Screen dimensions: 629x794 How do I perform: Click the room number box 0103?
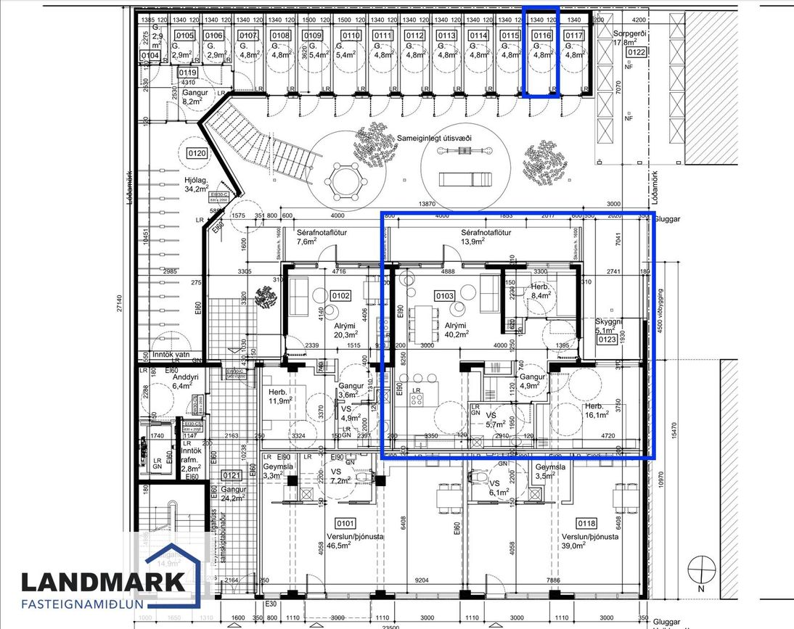point(444,296)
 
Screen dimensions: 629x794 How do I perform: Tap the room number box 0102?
point(340,296)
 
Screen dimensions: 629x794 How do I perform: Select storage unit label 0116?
point(542,36)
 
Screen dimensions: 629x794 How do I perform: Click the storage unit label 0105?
point(185,36)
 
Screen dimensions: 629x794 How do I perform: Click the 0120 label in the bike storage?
point(197,153)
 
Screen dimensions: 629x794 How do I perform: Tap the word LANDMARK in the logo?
point(102,582)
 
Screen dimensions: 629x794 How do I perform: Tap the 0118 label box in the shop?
point(586,522)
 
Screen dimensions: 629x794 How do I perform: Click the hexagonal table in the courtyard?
point(343,181)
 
